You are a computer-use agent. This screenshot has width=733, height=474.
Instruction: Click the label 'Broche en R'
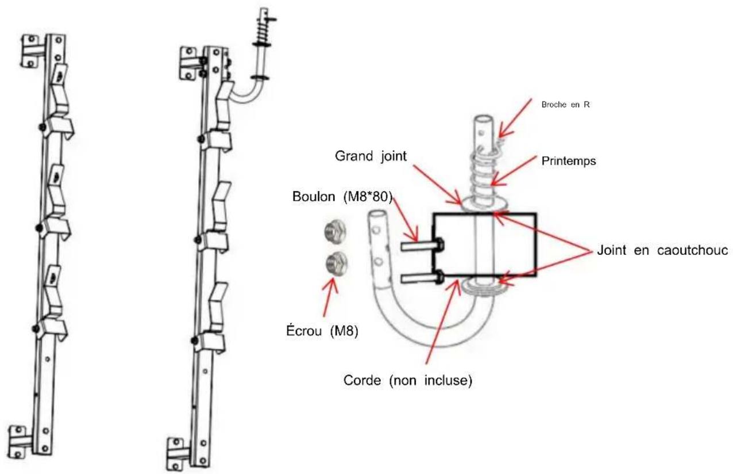(x=565, y=105)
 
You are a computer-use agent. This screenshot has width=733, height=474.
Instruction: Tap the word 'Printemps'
(x=569, y=161)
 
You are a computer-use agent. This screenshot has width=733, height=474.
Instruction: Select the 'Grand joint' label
(x=371, y=156)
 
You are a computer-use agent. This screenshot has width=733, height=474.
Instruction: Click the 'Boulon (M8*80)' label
(x=342, y=197)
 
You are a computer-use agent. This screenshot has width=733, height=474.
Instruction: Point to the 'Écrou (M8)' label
(x=322, y=331)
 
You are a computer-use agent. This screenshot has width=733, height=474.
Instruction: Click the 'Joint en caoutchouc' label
(x=663, y=250)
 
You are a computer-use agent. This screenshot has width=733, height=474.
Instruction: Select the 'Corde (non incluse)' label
(x=408, y=380)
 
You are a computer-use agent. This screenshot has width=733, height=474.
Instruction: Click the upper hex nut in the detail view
(x=335, y=232)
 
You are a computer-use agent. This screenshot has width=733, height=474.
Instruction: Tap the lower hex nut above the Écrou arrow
(x=337, y=264)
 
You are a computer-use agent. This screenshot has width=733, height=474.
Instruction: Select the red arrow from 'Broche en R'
(x=515, y=118)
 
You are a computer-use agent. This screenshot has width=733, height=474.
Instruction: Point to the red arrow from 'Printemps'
(x=514, y=170)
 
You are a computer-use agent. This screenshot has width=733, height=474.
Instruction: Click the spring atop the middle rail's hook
(x=264, y=30)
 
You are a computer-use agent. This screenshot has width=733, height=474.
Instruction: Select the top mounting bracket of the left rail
(x=33, y=51)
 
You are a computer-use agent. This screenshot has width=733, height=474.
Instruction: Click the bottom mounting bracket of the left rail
(x=20, y=442)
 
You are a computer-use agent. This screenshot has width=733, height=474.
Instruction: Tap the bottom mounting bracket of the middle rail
(x=178, y=454)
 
